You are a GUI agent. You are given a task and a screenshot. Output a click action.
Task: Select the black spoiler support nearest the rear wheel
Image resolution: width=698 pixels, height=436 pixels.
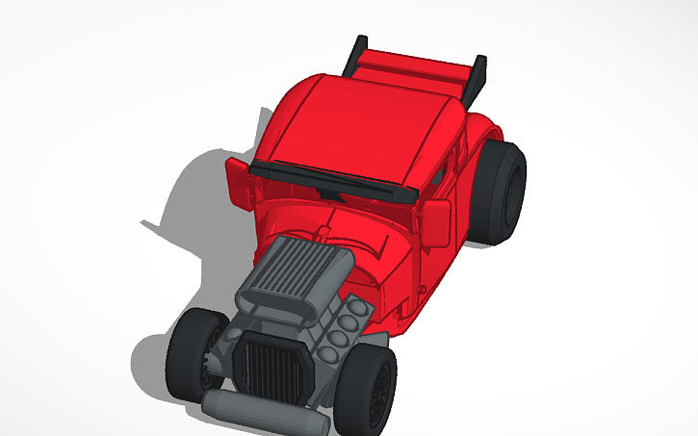tap(476, 81)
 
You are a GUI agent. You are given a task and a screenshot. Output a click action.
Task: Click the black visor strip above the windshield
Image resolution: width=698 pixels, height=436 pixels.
tap(332, 178)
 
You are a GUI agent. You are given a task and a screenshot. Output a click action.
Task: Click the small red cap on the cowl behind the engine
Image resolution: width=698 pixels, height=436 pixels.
tap(319, 230)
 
